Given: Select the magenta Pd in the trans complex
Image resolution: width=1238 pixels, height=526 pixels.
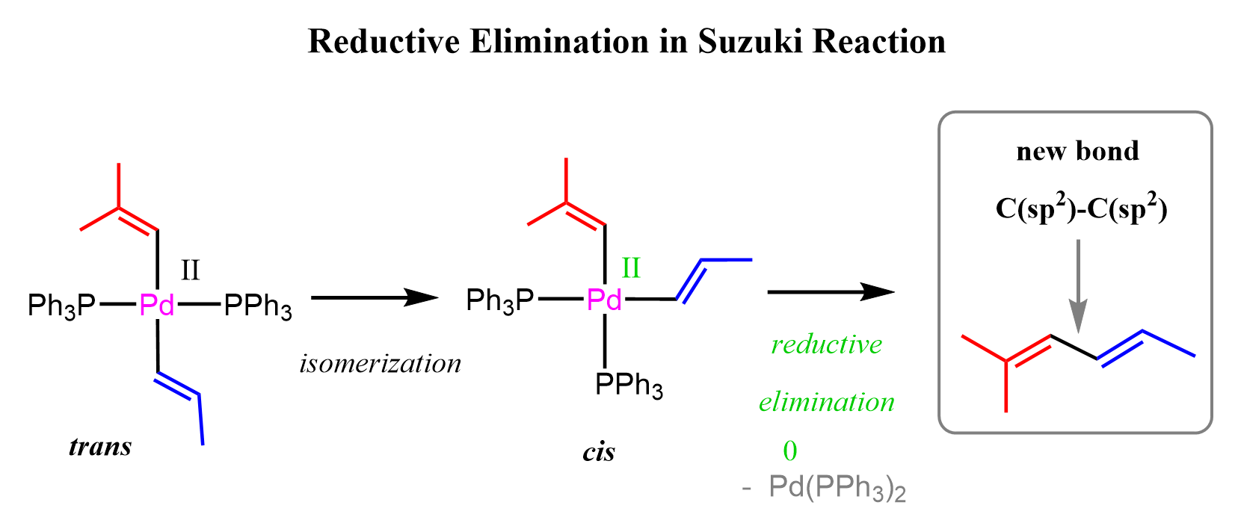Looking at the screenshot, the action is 157,304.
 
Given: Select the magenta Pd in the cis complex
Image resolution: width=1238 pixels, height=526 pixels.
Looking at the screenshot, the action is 604,300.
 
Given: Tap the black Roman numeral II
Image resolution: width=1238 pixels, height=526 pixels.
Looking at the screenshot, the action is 190,270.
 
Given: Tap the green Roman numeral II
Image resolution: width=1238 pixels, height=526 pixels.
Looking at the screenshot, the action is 631,268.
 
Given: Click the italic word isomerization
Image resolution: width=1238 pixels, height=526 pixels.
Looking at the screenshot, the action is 381,364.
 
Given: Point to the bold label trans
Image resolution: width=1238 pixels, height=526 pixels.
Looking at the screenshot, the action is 100,447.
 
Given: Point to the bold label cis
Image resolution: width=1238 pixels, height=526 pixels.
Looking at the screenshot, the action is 599,452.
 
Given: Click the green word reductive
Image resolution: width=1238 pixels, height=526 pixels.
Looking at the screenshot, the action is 827,344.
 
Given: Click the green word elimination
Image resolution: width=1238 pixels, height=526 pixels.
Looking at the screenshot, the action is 827,402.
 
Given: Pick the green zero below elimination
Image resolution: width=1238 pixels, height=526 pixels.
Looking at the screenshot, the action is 790,451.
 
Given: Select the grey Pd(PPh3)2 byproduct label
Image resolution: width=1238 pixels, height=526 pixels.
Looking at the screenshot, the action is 837,487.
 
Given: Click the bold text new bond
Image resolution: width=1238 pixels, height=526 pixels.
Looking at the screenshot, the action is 1078,151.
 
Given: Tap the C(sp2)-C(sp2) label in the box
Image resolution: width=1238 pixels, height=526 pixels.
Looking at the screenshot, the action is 1082,209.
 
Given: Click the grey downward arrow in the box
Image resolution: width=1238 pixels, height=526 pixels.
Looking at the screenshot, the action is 1078,286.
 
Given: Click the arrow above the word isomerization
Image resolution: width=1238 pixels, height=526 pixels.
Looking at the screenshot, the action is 375,298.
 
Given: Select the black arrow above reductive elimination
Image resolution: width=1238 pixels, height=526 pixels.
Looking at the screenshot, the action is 831,291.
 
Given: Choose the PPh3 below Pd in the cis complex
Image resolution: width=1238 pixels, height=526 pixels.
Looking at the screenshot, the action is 629,384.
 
